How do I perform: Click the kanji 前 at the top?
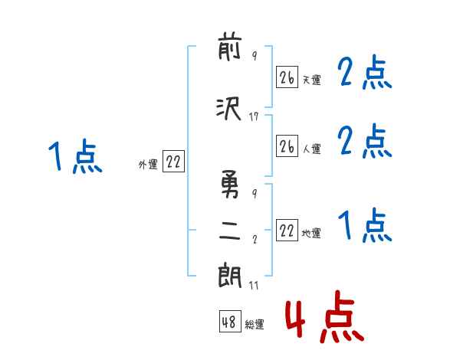(230, 48)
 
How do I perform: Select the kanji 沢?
(228, 108)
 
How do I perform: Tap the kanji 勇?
(230, 184)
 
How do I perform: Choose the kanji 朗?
(230, 277)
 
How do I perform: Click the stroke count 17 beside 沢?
(254, 116)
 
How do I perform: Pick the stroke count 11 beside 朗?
(254, 285)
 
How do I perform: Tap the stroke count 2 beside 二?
(255, 239)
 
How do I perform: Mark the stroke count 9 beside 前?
(255, 55)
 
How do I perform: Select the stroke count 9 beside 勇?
(255, 193)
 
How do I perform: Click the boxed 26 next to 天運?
(287, 77)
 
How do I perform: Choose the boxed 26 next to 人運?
(287, 146)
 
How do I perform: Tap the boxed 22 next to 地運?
(287, 230)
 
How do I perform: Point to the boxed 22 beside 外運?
(173, 162)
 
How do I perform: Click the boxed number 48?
(230, 322)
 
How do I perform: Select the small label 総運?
(255, 324)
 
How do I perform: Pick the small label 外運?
(148, 165)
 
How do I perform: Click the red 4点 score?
(324, 316)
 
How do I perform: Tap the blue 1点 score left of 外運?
(75, 156)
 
